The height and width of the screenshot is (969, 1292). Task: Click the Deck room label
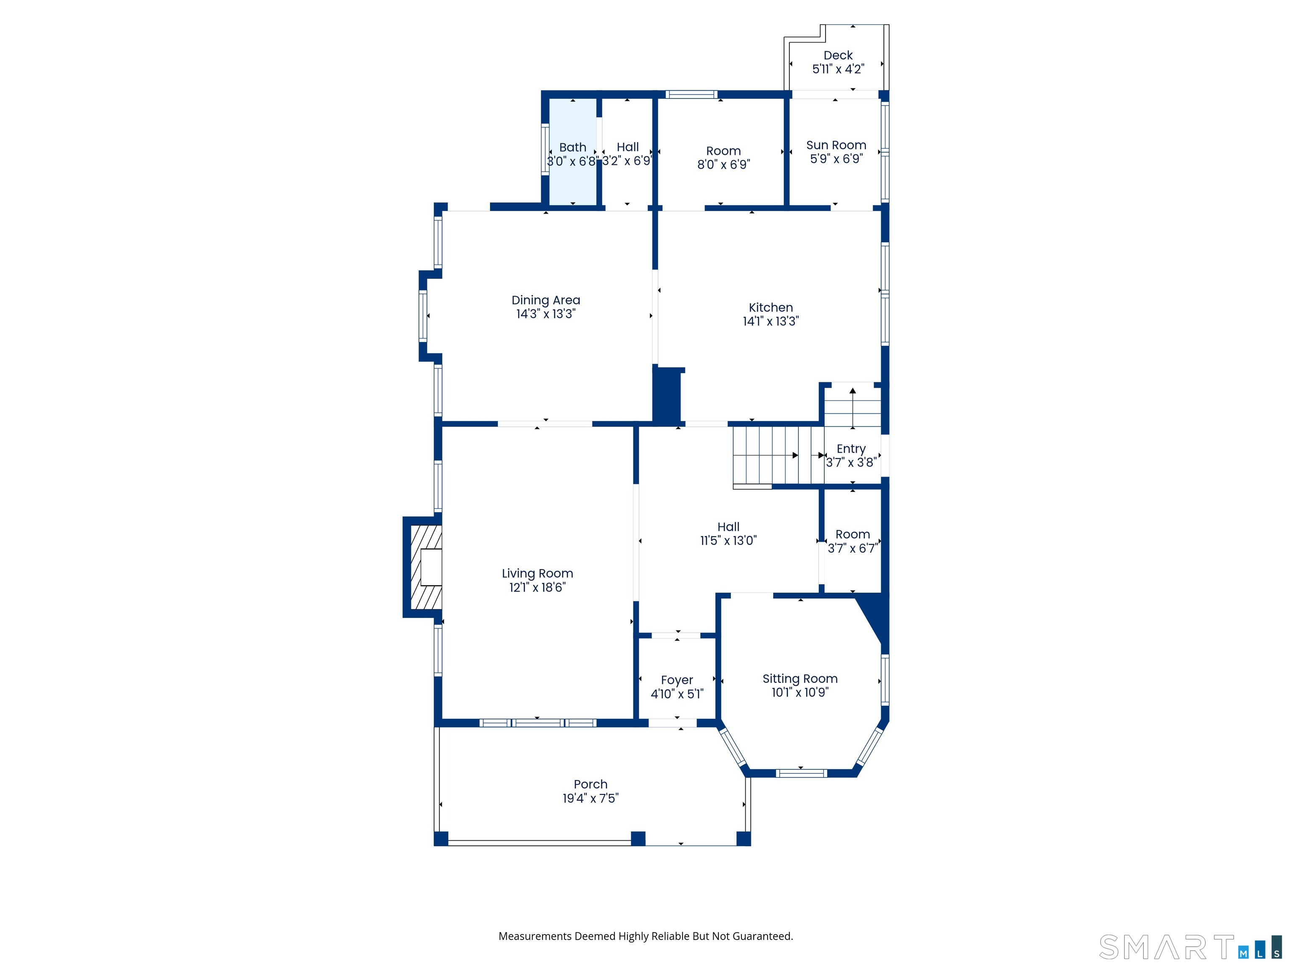(x=838, y=56)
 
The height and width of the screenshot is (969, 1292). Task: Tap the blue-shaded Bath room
(x=572, y=152)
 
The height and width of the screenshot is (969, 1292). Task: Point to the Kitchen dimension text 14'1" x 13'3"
(x=770, y=321)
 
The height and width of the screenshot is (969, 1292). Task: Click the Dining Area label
(x=545, y=300)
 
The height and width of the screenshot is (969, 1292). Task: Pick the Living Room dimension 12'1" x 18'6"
(x=537, y=588)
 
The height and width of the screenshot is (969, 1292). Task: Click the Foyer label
(x=677, y=680)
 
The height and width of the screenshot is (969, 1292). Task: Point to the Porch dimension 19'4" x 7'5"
(x=590, y=798)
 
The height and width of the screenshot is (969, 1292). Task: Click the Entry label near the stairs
(x=851, y=449)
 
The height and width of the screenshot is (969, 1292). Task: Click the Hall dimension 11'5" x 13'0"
(x=728, y=541)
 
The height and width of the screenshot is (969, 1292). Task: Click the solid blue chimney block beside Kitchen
(x=667, y=395)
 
